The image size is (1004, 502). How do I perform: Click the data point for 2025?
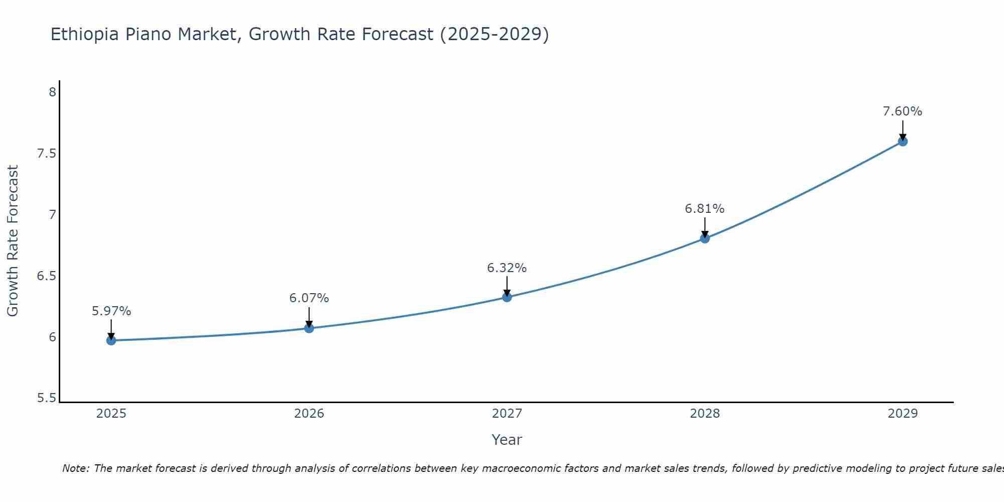pyautogui.click(x=111, y=340)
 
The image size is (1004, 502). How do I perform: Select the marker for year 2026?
pyautogui.click(x=309, y=328)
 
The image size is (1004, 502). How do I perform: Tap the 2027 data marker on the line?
pyautogui.click(x=507, y=297)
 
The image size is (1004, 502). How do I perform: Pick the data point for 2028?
pyautogui.click(x=705, y=238)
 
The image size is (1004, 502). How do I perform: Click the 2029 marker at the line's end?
pyautogui.click(x=903, y=142)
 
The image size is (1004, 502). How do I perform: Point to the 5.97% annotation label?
pyautogui.click(x=111, y=311)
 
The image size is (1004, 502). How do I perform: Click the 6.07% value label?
pyautogui.click(x=309, y=298)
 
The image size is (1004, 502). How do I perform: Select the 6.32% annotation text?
pyautogui.click(x=507, y=268)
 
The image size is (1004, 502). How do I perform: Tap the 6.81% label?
pyautogui.click(x=705, y=209)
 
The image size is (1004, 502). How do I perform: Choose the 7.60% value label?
pyautogui.click(x=903, y=111)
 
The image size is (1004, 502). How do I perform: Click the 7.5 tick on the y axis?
pyautogui.click(x=46, y=154)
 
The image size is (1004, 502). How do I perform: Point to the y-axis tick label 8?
pyautogui.click(x=52, y=92)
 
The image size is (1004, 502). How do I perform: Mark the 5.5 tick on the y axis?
pyautogui.click(x=46, y=399)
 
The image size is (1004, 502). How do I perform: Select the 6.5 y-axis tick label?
pyautogui.click(x=46, y=276)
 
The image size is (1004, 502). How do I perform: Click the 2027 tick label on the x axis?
pyautogui.click(x=507, y=414)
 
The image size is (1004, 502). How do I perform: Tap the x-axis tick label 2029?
pyautogui.click(x=903, y=414)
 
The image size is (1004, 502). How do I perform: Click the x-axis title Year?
pyautogui.click(x=507, y=440)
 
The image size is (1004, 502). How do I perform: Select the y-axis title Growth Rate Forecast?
pyautogui.click(x=13, y=241)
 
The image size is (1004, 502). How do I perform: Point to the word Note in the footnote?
pyautogui.click(x=75, y=468)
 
